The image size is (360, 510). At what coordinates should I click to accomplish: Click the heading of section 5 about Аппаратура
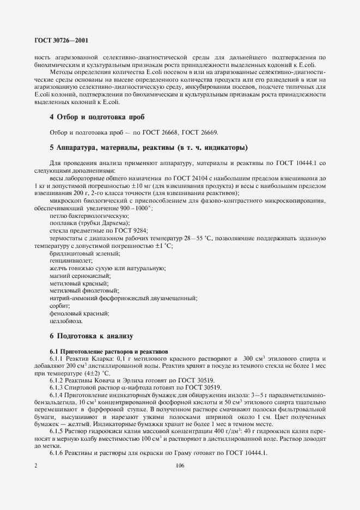(x=148, y=148)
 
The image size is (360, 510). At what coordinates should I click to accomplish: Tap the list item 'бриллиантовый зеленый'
(x=77, y=253)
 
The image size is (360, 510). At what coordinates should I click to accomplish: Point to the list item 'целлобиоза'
(x=64, y=321)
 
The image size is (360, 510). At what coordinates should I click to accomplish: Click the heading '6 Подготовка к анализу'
(x=91, y=336)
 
